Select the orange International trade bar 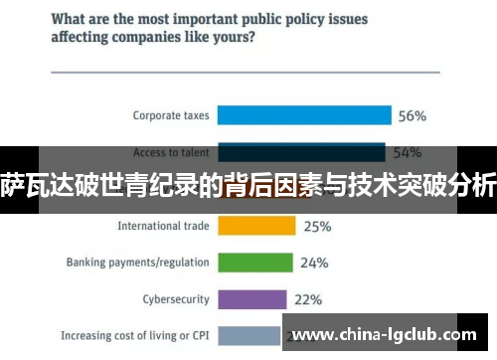point(257,226)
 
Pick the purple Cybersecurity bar point(251,299)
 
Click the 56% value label point(412,115)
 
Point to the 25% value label point(317,227)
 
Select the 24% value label point(314,264)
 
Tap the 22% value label point(308,299)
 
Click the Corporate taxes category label point(171,115)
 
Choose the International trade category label point(163,226)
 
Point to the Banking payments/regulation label point(137,263)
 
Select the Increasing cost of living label point(135,335)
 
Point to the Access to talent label point(171,152)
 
